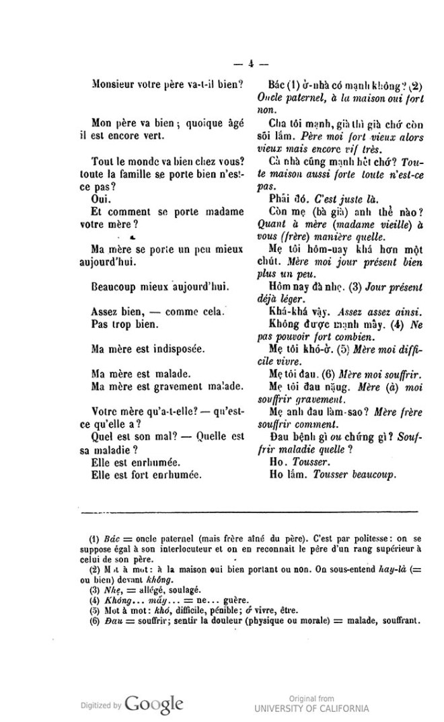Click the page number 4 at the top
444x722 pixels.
tap(250, 65)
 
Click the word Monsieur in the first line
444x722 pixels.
tap(113, 85)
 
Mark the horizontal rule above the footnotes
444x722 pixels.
tap(249, 512)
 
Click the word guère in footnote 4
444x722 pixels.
tap(217, 600)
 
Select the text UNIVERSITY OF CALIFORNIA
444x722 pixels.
tap(311, 708)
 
